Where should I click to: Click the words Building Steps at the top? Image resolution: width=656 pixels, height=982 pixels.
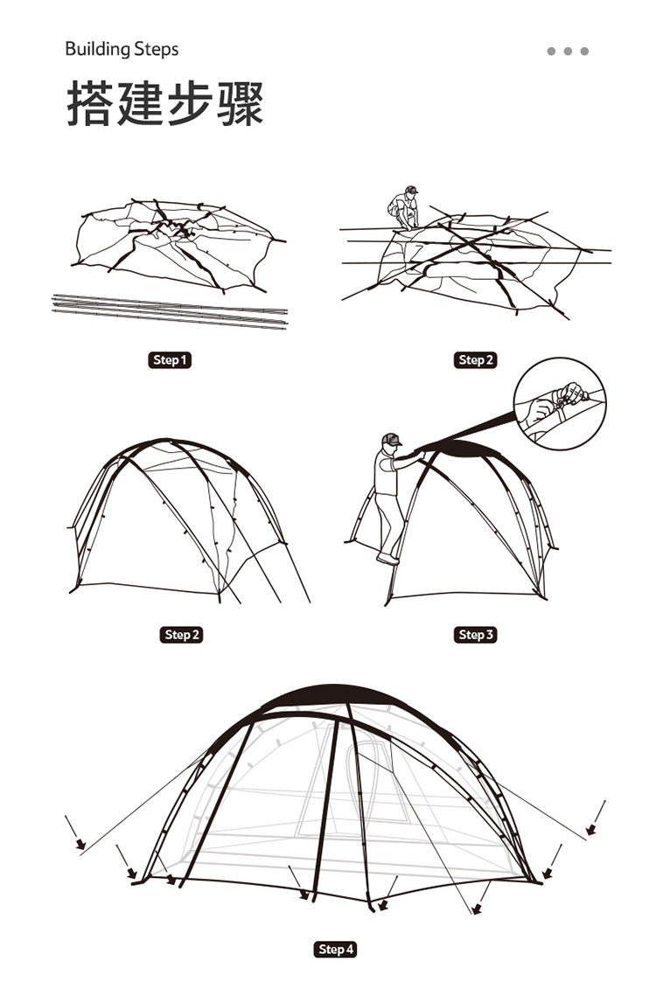[122, 49]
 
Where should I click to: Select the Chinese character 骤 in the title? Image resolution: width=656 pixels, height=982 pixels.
[237, 104]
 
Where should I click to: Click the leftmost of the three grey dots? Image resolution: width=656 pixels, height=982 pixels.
[551, 51]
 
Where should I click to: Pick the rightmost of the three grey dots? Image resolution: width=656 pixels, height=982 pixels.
[584, 51]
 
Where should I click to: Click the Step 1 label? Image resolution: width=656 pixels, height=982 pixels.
[170, 360]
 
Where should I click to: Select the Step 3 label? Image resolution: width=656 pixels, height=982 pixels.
[476, 634]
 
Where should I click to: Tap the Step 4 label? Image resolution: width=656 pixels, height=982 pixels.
[336, 949]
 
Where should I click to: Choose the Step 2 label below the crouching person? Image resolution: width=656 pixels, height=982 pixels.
[476, 360]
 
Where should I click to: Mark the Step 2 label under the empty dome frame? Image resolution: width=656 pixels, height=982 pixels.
[182, 634]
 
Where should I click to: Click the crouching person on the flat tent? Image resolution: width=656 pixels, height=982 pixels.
[404, 208]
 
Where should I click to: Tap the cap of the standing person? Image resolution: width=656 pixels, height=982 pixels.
[390, 439]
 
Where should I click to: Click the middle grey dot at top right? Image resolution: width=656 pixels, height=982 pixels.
[568, 51]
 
